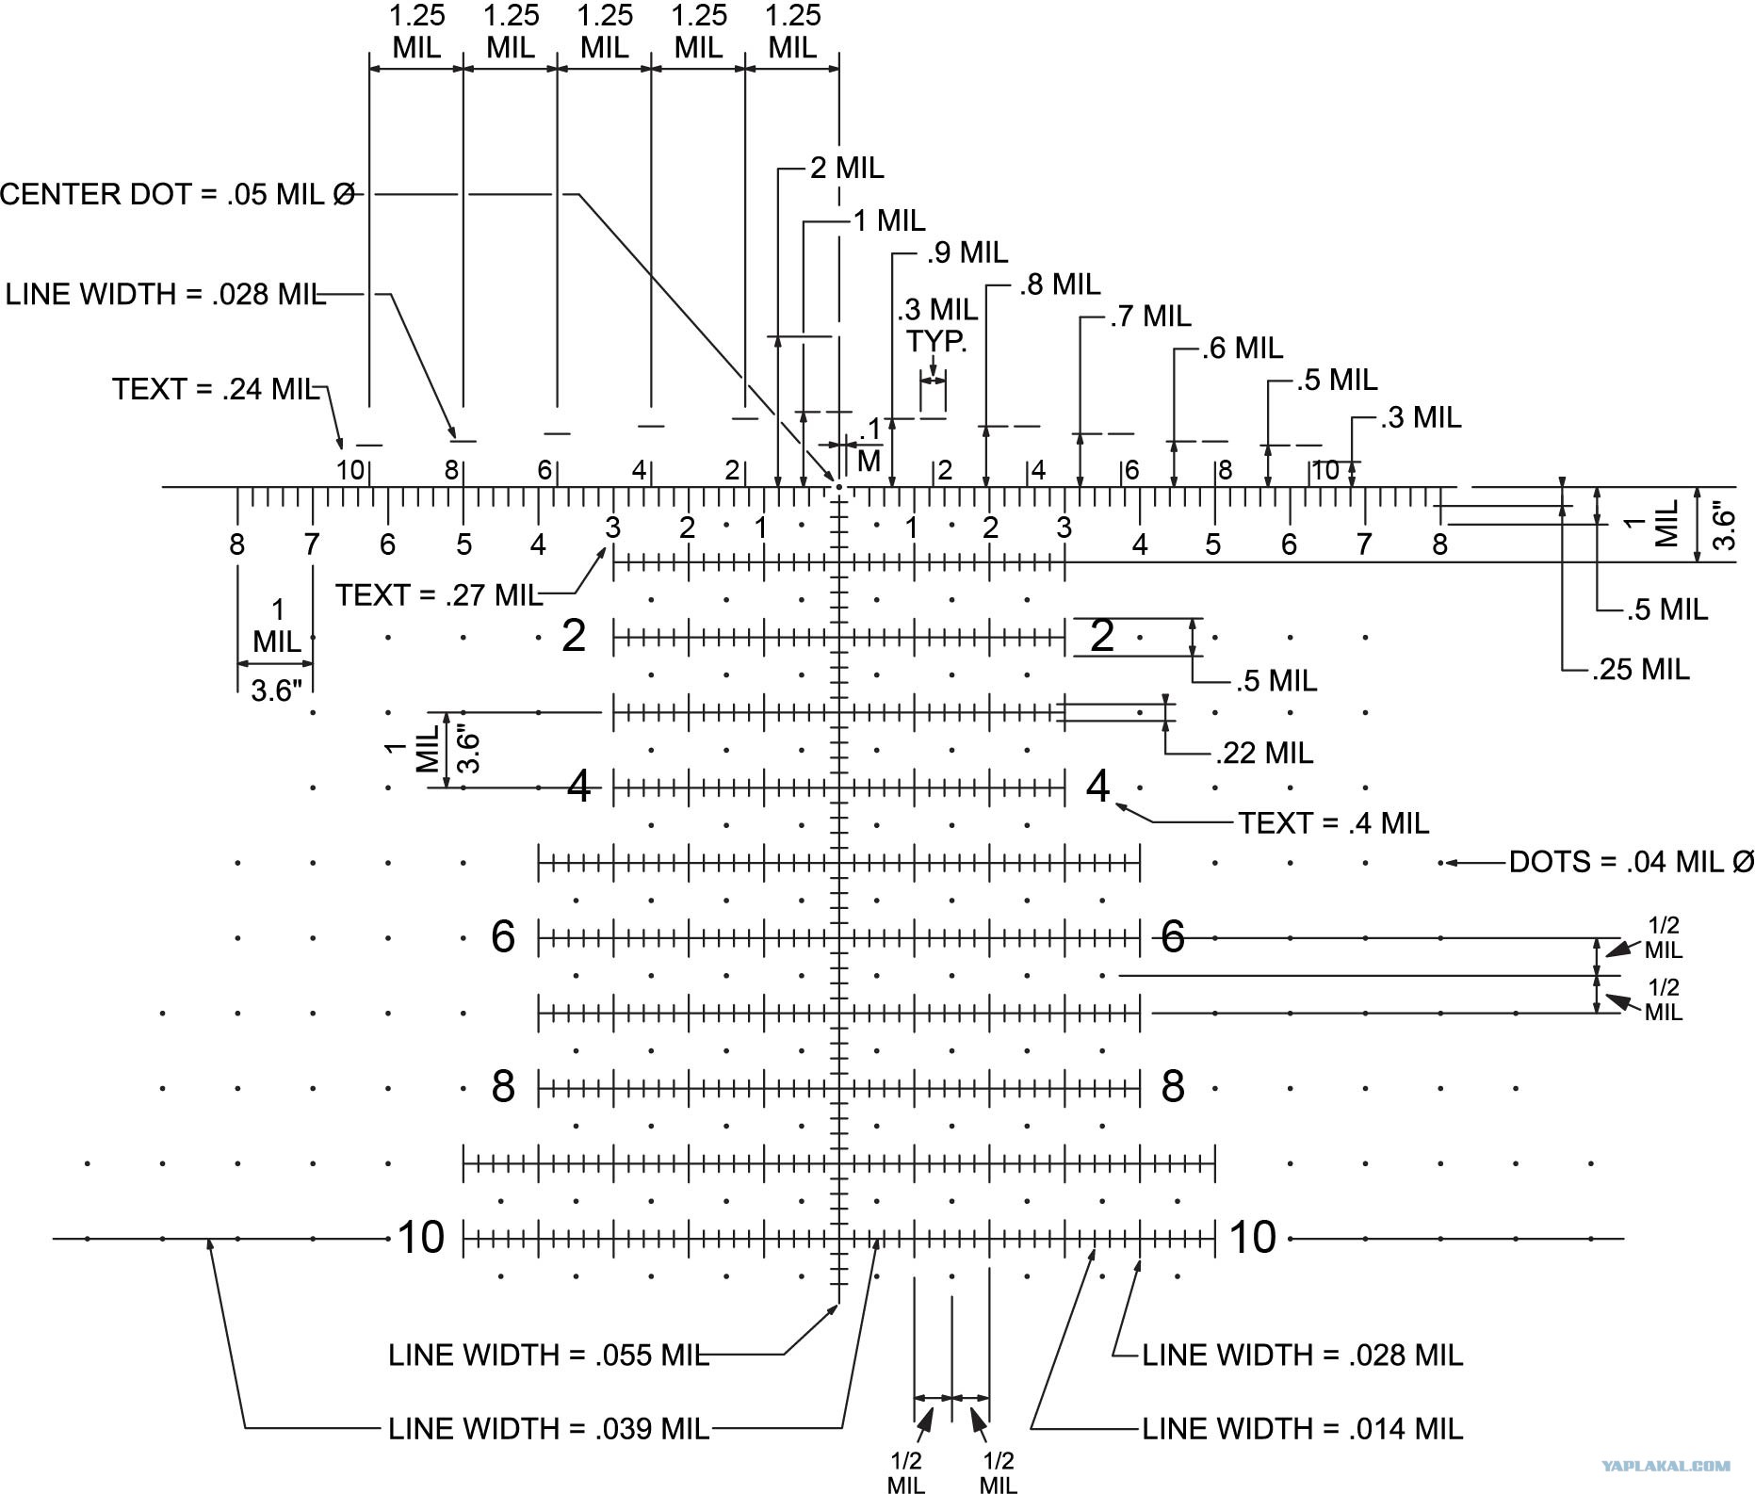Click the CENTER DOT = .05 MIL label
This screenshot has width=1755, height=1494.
click(x=178, y=194)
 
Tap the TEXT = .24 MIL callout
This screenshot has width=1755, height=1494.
click(x=217, y=389)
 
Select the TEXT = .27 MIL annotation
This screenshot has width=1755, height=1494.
click(x=439, y=595)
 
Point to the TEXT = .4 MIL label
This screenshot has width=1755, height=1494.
click(x=1333, y=823)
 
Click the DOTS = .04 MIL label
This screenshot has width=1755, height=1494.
click(x=1632, y=862)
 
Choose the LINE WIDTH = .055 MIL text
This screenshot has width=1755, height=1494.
click(x=548, y=1355)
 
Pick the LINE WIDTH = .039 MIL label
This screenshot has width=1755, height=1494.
click(x=548, y=1429)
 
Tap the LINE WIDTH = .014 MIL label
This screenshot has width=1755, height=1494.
click(x=1303, y=1429)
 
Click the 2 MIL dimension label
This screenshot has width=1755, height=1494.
click(x=847, y=168)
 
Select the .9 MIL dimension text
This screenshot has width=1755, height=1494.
click(x=967, y=252)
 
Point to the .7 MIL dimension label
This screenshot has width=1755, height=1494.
click(x=1150, y=316)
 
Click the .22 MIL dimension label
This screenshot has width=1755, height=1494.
click(x=1264, y=753)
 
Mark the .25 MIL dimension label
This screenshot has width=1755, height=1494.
click(x=1641, y=669)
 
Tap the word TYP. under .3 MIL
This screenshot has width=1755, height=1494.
click(x=936, y=340)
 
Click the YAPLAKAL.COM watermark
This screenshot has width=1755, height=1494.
click(x=1666, y=1466)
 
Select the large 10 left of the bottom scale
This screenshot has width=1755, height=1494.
click(x=420, y=1237)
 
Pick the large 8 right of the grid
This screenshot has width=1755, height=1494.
click(x=1173, y=1087)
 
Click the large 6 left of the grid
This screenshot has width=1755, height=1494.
click(x=503, y=936)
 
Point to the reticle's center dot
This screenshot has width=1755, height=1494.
click(x=838, y=487)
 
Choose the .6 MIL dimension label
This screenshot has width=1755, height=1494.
click(x=1243, y=349)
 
